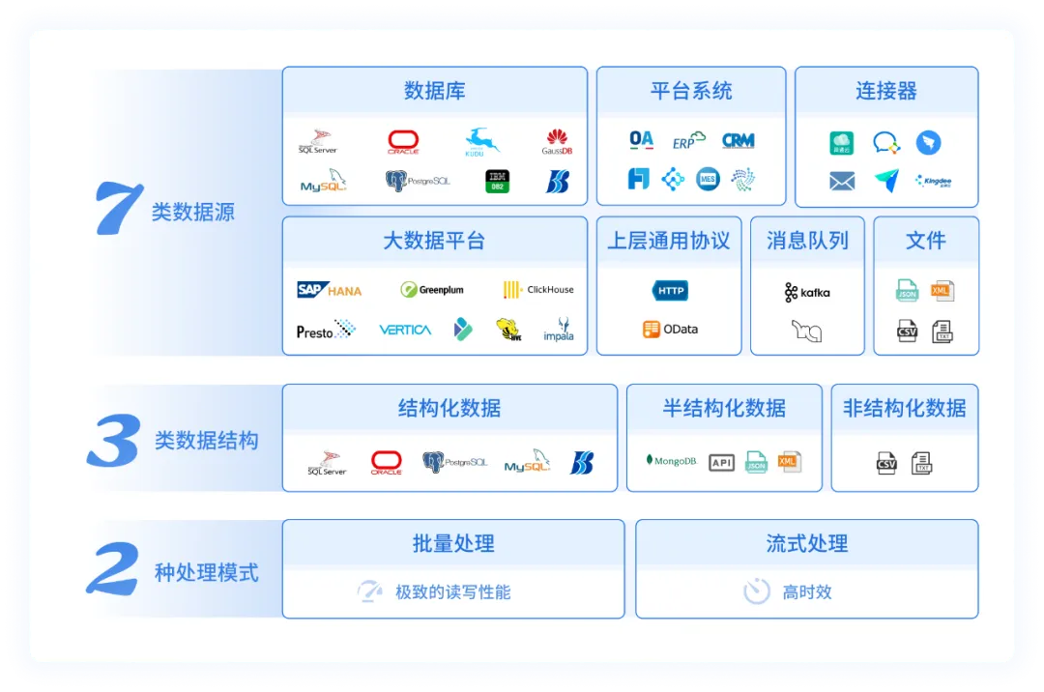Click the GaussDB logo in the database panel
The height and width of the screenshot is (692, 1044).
pyautogui.click(x=557, y=142)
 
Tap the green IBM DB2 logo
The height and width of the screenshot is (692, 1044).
pyautogui.click(x=497, y=182)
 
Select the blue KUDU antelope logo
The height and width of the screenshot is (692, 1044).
pyautogui.click(x=482, y=142)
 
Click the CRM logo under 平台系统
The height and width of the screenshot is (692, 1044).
pyautogui.click(x=738, y=141)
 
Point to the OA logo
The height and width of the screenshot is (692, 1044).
pyautogui.click(x=641, y=140)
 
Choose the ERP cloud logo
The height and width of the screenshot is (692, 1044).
pyautogui.click(x=688, y=141)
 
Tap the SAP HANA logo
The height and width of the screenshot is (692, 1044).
pyautogui.click(x=329, y=290)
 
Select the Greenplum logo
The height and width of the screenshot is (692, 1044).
pyautogui.click(x=432, y=290)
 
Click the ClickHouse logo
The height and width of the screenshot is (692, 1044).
pyautogui.click(x=538, y=290)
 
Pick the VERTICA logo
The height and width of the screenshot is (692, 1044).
pyautogui.click(x=405, y=330)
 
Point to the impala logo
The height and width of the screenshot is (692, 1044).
pyautogui.click(x=559, y=330)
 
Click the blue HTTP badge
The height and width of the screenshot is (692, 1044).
pyautogui.click(x=670, y=290)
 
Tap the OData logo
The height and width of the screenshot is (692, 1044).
pyautogui.click(x=670, y=330)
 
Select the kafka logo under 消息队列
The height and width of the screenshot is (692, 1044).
pyautogui.click(x=807, y=293)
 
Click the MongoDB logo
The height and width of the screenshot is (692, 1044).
pyautogui.click(x=671, y=461)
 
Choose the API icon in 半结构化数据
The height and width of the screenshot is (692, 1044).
pyautogui.click(x=722, y=462)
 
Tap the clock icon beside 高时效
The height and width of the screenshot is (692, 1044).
pyautogui.click(x=756, y=591)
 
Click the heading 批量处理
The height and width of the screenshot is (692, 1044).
pyautogui.click(x=453, y=543)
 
